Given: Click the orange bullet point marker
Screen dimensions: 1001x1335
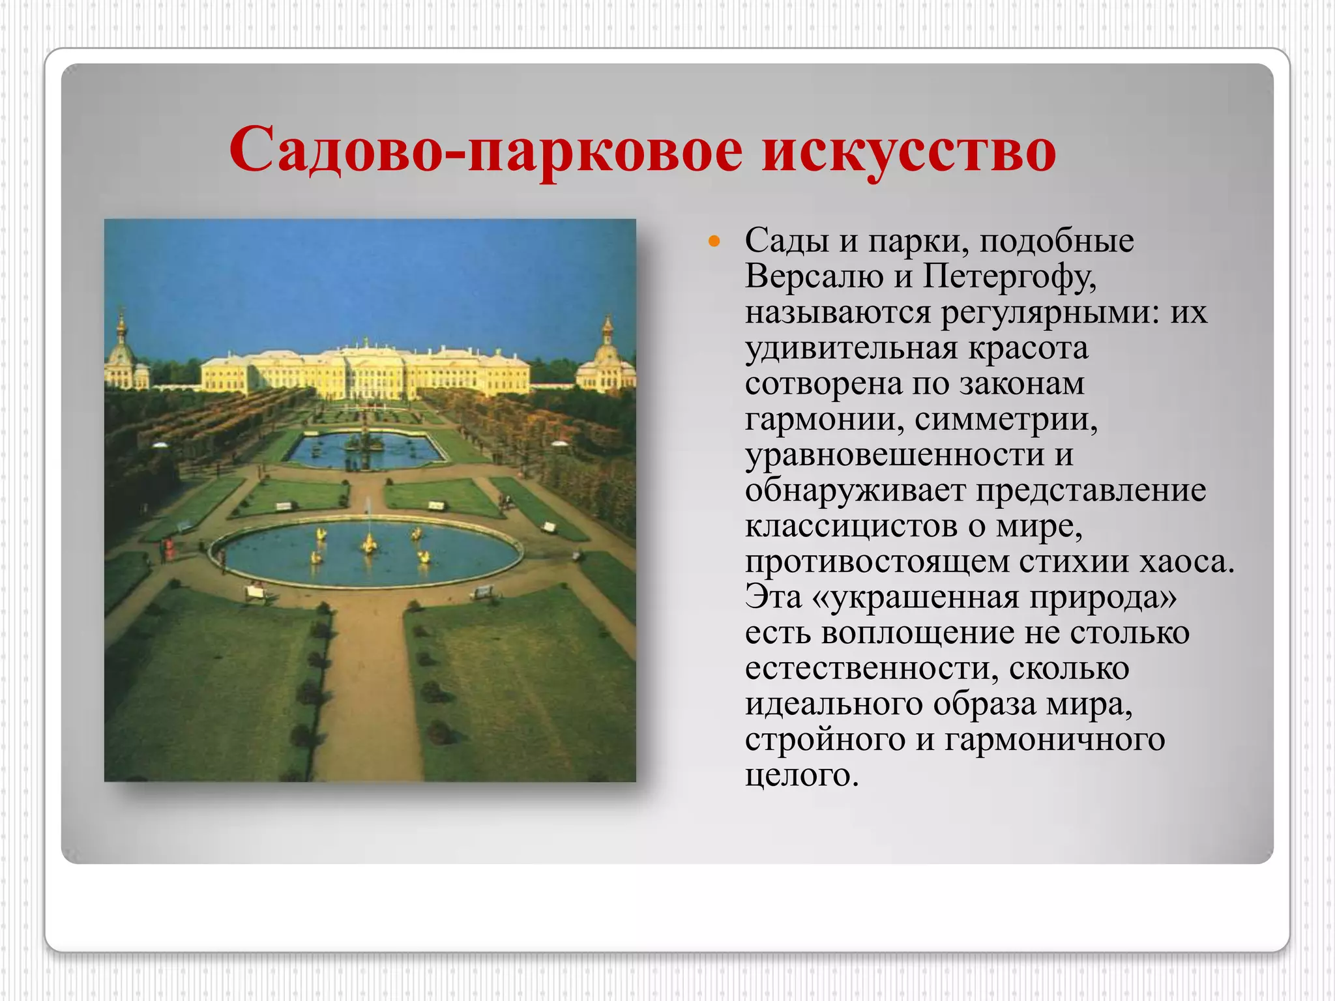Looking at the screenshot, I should (714, 242).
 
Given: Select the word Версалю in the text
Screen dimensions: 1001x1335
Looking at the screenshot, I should (814, 276).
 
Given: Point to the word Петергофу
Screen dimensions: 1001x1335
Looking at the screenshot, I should (1010, 276).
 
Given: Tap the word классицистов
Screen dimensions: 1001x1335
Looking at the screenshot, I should (851, 526).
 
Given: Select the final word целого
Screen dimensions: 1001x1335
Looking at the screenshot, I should (802, 776).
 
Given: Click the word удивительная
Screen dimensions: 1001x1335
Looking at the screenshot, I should (851, 348).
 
